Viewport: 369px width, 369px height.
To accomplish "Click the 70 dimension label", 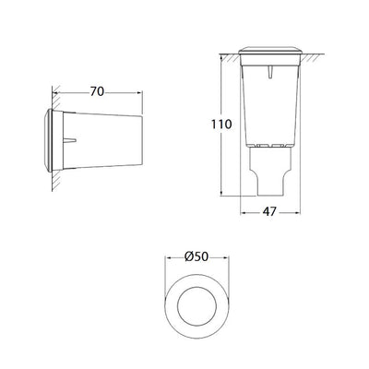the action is pos(97,91).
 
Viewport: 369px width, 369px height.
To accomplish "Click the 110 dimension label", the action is pos(221,125).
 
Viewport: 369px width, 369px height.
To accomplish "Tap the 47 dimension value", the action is pos(269,212).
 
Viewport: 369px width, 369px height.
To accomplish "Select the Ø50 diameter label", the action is pos(196,256).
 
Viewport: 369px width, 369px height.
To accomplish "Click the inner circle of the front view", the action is pos(196,287).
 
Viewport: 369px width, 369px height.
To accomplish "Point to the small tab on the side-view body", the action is pos(69,140).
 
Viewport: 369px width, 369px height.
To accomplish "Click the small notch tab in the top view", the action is pos(269,72).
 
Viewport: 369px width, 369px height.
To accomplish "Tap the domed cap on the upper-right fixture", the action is pos(269,51).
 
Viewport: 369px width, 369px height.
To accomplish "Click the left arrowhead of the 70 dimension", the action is pos(55,91).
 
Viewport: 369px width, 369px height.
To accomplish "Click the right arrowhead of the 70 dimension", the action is pos(139,91).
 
